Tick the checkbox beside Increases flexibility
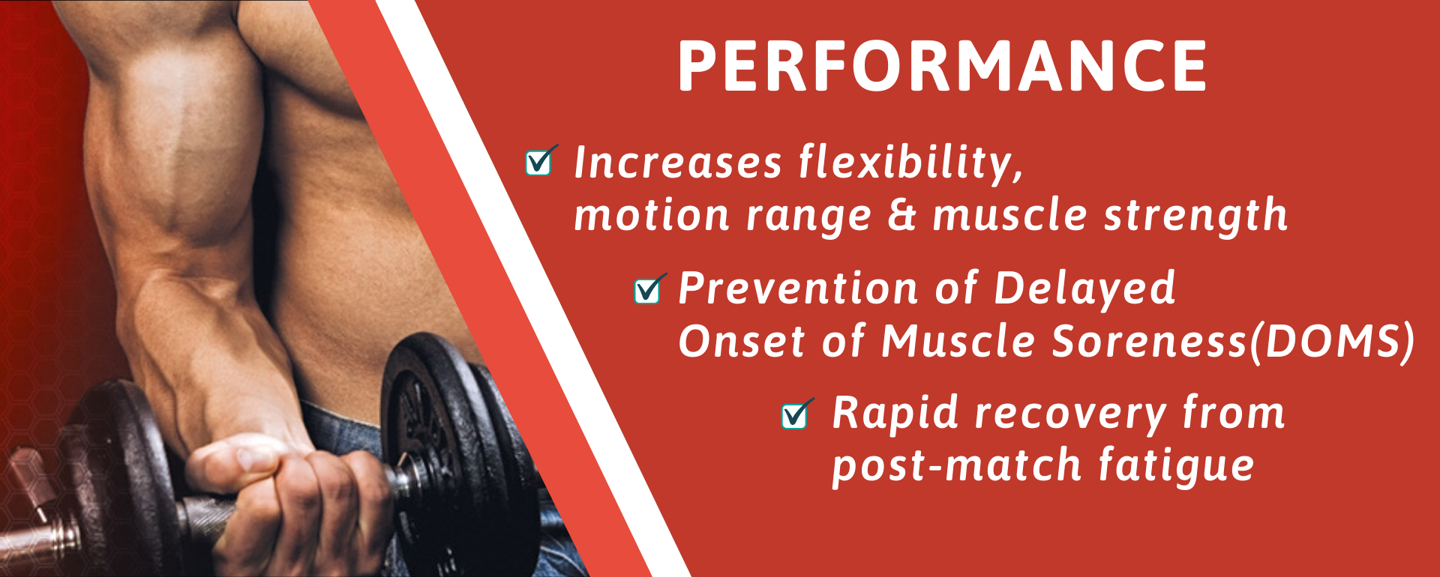point(540,161)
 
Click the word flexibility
point(910,163)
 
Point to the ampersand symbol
point(902,216)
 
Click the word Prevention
point(788,288)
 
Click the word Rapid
point(895,414)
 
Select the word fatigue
point(1177,466)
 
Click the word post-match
point(957,466)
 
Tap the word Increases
point(678,163)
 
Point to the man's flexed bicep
point(172,150)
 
